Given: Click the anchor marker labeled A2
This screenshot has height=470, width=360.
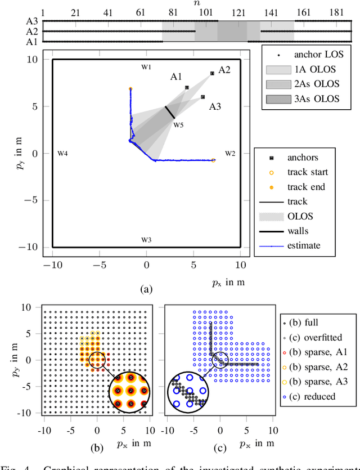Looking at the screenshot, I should [x=212, y=73].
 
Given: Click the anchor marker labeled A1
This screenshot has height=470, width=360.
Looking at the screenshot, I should [x=187, y=87].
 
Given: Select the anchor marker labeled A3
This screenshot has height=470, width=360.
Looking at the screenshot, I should [x=203, y=97].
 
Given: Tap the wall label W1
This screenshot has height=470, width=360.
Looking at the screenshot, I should [x=146, y=66].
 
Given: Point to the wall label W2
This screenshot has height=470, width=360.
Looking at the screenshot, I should [x=231, y=153].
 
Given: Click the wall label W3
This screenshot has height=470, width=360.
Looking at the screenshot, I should [x=146, y=239].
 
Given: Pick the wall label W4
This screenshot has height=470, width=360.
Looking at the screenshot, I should [x=63, y=153].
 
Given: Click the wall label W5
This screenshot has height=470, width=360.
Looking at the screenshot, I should [x=178, y=124].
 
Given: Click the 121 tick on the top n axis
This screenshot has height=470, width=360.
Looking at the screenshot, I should [x=239, y=12].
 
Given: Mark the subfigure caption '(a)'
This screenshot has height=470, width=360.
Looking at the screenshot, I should [x=146, y=289].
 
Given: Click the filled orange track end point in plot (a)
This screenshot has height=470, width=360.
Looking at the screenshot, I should [x=130, y=89].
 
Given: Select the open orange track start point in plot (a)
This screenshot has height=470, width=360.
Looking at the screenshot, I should [x=213, y=160].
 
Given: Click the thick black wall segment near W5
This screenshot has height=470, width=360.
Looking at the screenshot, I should [x=170, y=112].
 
